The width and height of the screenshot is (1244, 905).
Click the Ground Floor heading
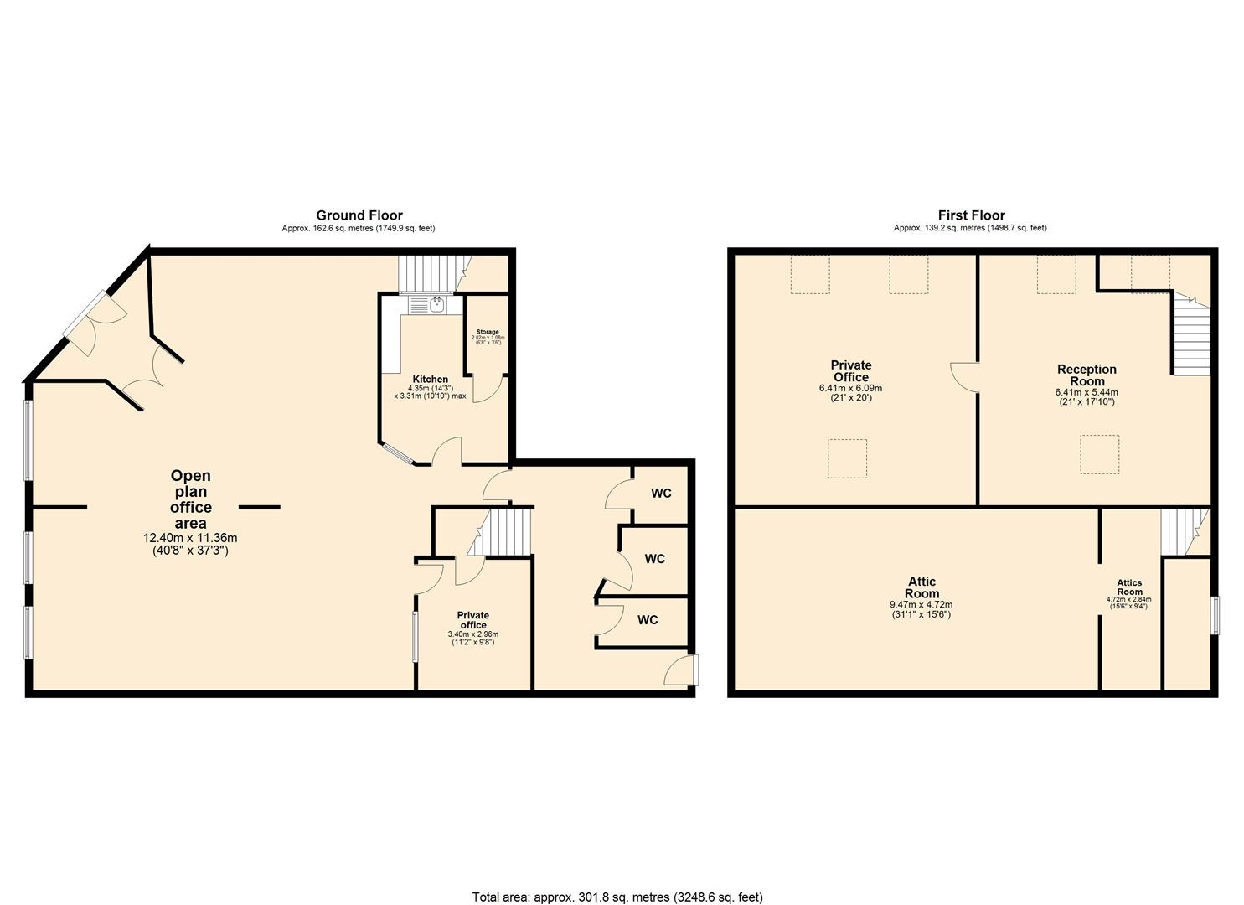(x=359, y=215)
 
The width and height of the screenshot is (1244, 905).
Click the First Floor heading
(x=971, y=215)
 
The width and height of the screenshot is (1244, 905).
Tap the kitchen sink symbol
(x=436, y=304)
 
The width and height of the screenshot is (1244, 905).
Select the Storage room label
(x=487, y=332)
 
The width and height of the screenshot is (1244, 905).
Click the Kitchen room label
(x=429, y=380)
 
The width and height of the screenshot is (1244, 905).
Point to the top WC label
(x=661, y=493)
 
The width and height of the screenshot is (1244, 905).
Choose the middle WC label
(x=654, y=558)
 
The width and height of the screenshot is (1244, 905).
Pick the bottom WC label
(x=648, y=620)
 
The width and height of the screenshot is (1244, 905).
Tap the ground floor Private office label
(x=473, y=620)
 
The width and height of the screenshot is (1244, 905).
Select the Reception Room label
(x=1087, y=375)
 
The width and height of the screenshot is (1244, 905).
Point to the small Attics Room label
(x=1129, y=587)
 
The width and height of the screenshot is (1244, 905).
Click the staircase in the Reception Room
(x=1190, y=339)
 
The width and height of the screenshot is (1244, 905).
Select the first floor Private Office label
(x=850, y=370)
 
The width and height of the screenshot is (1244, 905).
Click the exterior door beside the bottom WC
(x=682, y=670)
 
